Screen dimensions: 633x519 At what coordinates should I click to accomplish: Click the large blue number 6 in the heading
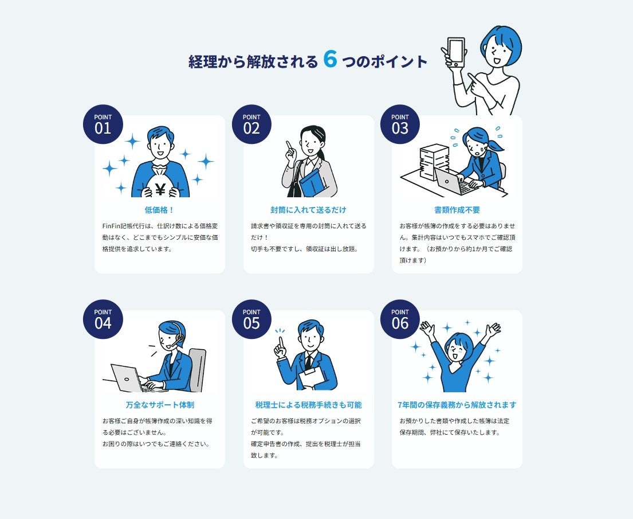pos(330,59)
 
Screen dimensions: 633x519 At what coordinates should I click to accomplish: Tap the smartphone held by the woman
pos(456,52)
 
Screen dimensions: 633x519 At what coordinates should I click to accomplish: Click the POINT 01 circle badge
pos(103,124)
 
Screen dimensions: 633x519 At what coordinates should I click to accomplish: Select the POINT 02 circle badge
pos(251,124)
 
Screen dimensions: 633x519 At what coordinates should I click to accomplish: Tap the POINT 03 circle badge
pos(400,124)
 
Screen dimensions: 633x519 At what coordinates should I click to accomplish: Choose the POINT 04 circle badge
pos(103,319)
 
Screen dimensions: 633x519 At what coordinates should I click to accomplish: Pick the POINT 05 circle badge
pos(251,319)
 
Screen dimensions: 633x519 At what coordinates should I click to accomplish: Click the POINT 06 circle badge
pos(400,319)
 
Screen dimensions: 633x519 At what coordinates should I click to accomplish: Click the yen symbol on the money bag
pos(160,189)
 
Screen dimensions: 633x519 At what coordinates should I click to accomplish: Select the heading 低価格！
pos(159,210)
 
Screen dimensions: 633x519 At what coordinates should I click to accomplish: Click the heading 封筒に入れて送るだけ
pos(308,210)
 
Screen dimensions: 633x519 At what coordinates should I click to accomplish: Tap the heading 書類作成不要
pos(457,210)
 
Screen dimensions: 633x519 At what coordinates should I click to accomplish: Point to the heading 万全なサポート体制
pos(159,405)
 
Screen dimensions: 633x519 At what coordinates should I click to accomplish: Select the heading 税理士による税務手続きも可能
pos(308,405)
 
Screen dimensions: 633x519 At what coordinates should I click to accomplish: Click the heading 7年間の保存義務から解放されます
pos(457,405)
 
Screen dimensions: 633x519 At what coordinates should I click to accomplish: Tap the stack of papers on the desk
pos(434,162)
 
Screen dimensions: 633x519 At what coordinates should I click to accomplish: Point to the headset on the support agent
pos(178,335)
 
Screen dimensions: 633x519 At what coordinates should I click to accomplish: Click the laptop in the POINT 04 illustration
pos(127,378)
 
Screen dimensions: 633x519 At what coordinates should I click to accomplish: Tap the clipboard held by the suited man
pos(312,378)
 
